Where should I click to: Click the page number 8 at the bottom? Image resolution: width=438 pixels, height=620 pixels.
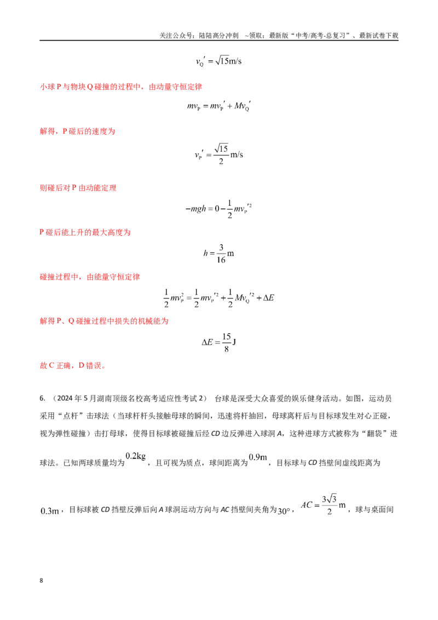tap(41, 581)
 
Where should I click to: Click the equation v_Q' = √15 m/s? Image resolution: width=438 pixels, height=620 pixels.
tap(218, 61)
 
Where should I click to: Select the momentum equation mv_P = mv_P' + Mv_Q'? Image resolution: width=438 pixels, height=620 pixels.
tap(218, 106)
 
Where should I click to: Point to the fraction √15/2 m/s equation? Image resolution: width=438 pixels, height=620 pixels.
tap(218, 154)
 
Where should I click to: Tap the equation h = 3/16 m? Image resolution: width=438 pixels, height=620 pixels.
tap(218, 254)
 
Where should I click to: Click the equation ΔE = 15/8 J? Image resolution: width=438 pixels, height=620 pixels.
tap(219, 342)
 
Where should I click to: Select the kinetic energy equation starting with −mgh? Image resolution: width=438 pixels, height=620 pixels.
tap(218, 209)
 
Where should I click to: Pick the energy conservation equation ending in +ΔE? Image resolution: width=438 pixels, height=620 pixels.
tap(218, 298)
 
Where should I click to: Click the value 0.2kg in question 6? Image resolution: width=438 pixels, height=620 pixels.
tap(136, 456)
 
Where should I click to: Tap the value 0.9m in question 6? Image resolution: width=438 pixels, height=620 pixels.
tap(258, 457)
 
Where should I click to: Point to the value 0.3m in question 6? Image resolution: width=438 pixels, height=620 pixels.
tap(50, 511)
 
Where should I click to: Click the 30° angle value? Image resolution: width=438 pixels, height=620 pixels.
tap(284, 511)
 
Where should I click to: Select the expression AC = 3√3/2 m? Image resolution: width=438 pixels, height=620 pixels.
tap(324, 505)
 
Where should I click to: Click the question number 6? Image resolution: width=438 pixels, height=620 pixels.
tap(42, 398)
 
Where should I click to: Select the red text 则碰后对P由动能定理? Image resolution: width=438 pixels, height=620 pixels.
tap(78, 188)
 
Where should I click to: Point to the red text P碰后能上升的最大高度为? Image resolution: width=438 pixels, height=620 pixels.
tap(85, 232)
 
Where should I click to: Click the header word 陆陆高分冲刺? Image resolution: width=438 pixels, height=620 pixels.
tap(218, 36)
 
